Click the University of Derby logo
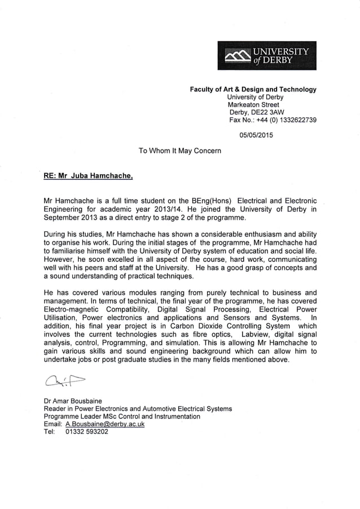267,55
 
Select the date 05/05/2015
256,135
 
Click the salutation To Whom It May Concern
180,151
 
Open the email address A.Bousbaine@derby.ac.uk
105,424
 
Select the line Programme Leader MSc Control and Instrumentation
121,416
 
